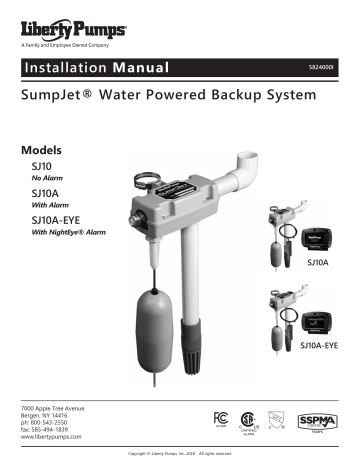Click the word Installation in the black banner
pos(66,73)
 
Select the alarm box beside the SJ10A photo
pos(319,225)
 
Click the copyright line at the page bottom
pos(180,456)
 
